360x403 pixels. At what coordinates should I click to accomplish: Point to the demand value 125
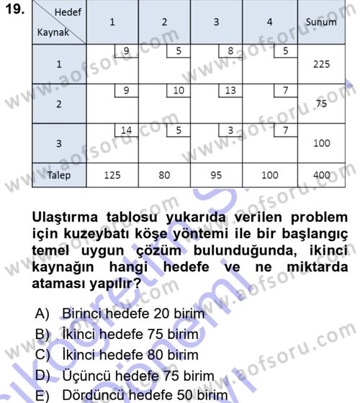(x=112, y=175)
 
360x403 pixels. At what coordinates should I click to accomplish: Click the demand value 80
(x=164, y=175)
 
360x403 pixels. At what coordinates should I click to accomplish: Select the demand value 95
(x=217, y=175)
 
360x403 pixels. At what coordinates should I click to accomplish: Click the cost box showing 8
(x=229, y=51)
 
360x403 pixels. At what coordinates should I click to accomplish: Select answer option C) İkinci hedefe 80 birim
(x=123, y=356)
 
